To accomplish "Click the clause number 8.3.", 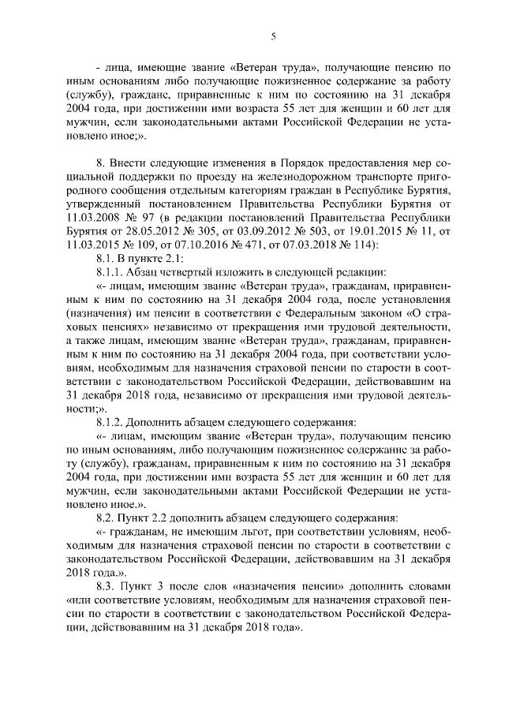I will click(x=105, y=593).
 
